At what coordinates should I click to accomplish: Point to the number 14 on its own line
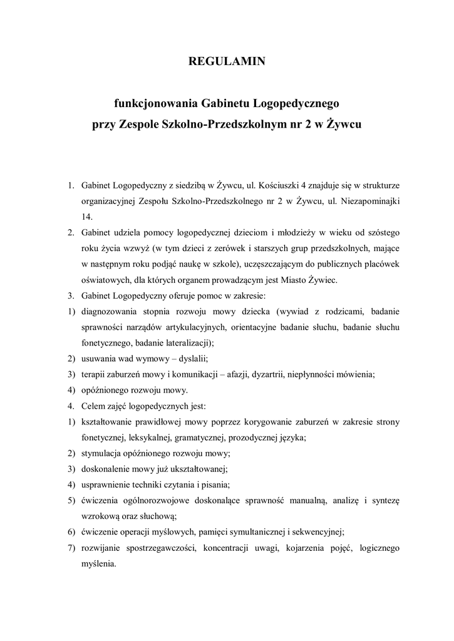(86, 217)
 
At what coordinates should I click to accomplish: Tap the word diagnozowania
(108, 311)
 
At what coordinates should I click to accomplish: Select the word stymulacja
(102, 453)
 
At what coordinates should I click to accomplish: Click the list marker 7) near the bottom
(71, 547)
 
